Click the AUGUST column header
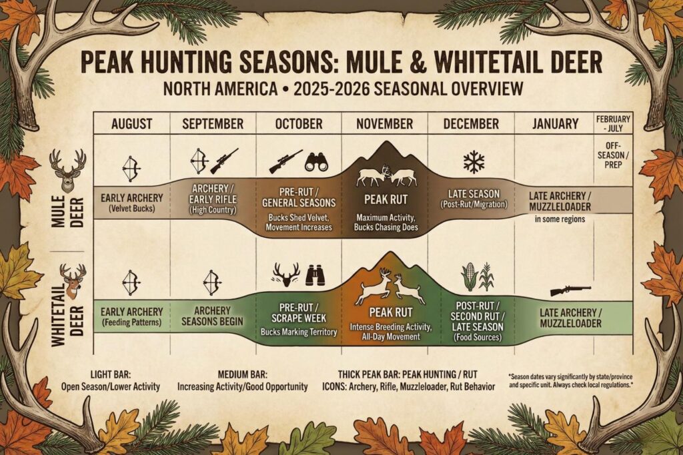(x=132, y=124)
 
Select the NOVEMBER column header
(x=384, y=124)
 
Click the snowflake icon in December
(x=474, y=162)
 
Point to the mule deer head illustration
(x=67, y=171)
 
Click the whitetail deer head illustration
(x=72, y=280)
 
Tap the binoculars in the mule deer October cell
(x=318, y=162)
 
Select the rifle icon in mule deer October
(x=285, y=161)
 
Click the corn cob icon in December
(x=470, y=277)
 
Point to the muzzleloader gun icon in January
(x=570, y=290)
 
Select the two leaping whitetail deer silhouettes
(x=390, y=287)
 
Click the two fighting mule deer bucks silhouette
(x=385, y=175)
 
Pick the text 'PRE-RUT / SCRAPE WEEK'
(x=298, y=314)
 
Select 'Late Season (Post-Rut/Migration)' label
(x=473, y=198)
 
